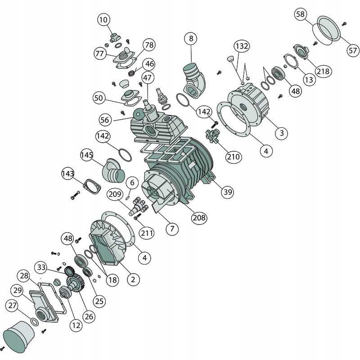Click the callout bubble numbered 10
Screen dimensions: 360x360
point(103,20)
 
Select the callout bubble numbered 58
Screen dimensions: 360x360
point(300,14)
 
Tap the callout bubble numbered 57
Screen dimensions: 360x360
point(353,50)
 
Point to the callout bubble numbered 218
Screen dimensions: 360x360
point(323,71)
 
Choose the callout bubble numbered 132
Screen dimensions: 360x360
point(242,46)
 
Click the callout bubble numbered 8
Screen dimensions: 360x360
point(191,38)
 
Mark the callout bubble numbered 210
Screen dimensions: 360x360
point(234,157)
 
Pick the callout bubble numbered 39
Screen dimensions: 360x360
point(228,192)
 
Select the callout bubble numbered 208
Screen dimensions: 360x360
point(199,217)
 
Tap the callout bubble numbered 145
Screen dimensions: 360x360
point(87,155)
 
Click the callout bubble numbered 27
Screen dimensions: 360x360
point(13,306)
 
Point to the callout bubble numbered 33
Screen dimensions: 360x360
point(41,267)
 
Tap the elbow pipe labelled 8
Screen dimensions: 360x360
point(194,81)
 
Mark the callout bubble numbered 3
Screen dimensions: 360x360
point(282,133)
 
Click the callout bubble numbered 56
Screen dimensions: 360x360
point(105,120)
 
